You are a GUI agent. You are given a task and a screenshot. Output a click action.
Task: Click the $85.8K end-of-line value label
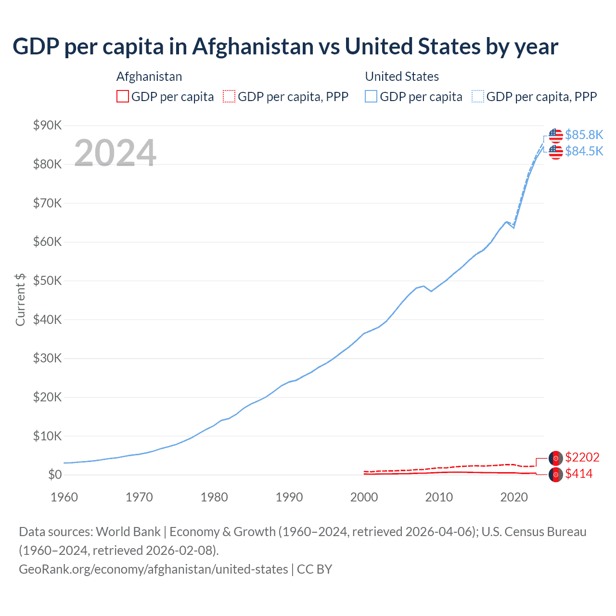pyautogui.click(x=584, y=135)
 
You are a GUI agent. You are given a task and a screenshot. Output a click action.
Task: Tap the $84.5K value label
pyautogui.click(x=584, y=151)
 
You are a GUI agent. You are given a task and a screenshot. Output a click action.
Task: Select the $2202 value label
pyautogui.click(x=582, y=457)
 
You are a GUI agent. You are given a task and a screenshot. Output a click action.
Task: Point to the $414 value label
pyautogui.click(x=579, y=474)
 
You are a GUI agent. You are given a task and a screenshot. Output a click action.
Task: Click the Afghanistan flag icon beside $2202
pyautogui.click(x=556, y=458)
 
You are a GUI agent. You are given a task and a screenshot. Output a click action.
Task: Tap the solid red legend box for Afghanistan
pyautogui.click(x=123, y=97)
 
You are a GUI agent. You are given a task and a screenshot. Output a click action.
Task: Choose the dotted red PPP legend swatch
pyautogui.click(x=229, y=97)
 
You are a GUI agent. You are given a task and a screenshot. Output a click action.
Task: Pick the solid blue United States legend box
pyautogui.click(x=371, y=97)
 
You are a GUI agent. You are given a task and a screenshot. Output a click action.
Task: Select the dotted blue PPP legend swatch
pyautogui.click(x=478, y=97)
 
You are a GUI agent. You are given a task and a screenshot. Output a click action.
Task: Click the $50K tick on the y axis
pyautogui.click(x=47, y=281)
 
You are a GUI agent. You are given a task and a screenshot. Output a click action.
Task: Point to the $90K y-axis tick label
pyautogui.click(x=47, y=126)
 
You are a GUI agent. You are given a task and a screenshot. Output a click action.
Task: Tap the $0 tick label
pyautogui.click(x=55, y=475)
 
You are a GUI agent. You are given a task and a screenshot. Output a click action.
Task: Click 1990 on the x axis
pyautogui.click(x=289, y=497)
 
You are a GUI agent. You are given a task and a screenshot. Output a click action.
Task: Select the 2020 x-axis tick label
pyautogui.click(x=514, y=497)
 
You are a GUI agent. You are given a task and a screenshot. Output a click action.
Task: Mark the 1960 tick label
pyautogui.click(x=64, y=497)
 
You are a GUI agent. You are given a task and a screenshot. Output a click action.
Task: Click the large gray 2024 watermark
pyautogui.click(x=115, y=153)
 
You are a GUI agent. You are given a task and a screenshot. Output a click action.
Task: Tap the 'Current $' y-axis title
pyautogui.click(x=20, y=299)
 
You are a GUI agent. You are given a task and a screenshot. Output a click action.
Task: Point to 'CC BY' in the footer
pyautogui.click(x=314, y=569)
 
